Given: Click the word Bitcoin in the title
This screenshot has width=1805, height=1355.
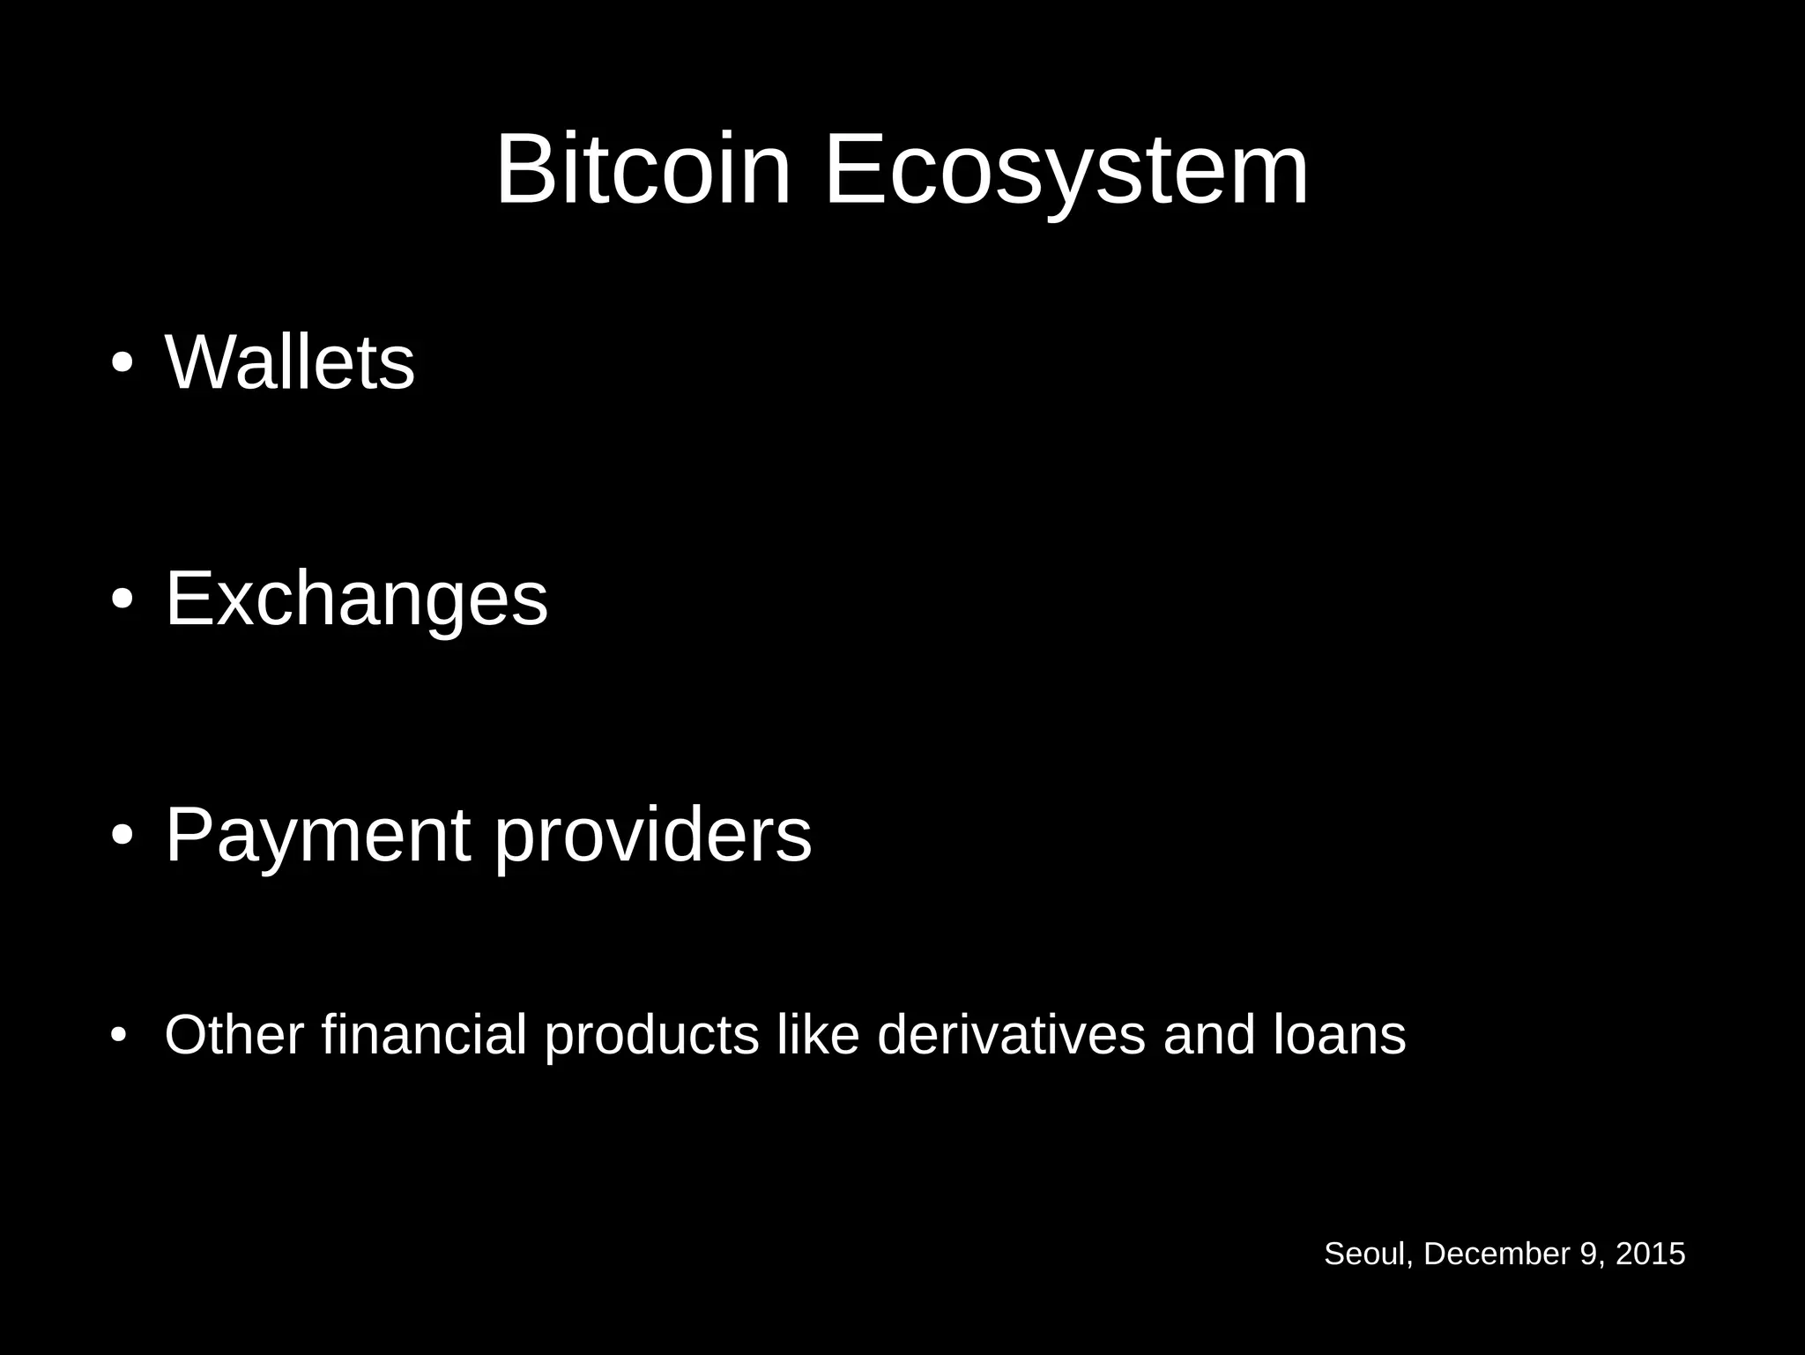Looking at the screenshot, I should click(x=643, y=169).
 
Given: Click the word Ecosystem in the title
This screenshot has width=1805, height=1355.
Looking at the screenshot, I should click(x=1066, y=169).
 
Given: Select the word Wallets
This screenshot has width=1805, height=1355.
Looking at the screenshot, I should click(x=290, y=362).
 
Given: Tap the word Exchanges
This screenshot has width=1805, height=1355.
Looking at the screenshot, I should click(x=356, y=599).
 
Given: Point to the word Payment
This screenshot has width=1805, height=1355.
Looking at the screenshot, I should click(x=317, y=836).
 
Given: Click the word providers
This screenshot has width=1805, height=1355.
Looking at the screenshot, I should click(x=652, y=836).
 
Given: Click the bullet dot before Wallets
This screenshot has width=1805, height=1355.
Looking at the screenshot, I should click(x=123, y=364).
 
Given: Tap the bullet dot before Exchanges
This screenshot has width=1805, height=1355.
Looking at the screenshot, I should click(x=123, y=600).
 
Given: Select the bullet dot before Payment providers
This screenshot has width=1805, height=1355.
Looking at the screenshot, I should click(x=123, y=837).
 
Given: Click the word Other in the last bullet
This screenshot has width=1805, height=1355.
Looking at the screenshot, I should click(x=234, y=1034).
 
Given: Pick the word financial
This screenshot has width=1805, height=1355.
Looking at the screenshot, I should click(x=424, y=1034).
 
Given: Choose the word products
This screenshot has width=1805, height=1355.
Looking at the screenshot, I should click(x=651, y=1036).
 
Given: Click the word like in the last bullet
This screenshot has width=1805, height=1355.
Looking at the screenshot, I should click(x=817, y=1034).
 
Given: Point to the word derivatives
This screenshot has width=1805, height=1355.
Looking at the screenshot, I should click(x=1011, y=1034).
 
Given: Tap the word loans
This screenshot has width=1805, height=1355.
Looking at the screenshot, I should click(x=1340, y=1034).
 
